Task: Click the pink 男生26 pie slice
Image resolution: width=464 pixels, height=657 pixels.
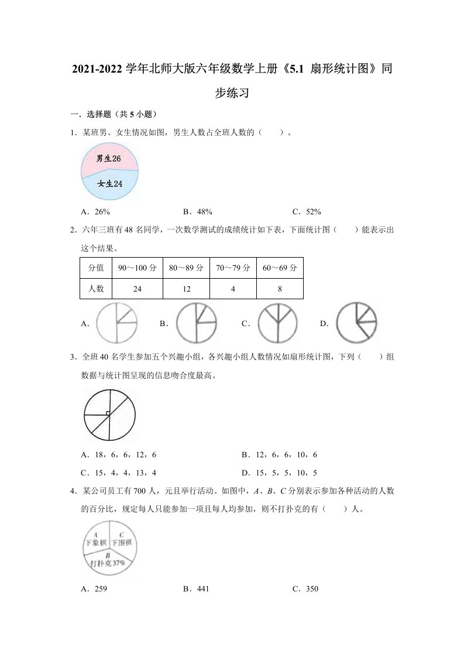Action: [108, 159]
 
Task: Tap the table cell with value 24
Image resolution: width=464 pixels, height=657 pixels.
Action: [138, 288]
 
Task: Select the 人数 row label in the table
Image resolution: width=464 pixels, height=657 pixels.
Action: [95, 288]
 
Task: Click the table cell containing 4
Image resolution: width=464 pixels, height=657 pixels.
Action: [233, 288]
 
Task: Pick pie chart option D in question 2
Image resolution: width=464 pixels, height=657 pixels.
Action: [356, 323]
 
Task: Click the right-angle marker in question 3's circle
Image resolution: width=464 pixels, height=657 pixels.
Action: [108, 415]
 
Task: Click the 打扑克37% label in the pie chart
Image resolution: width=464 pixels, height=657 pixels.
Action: [109, 563]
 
